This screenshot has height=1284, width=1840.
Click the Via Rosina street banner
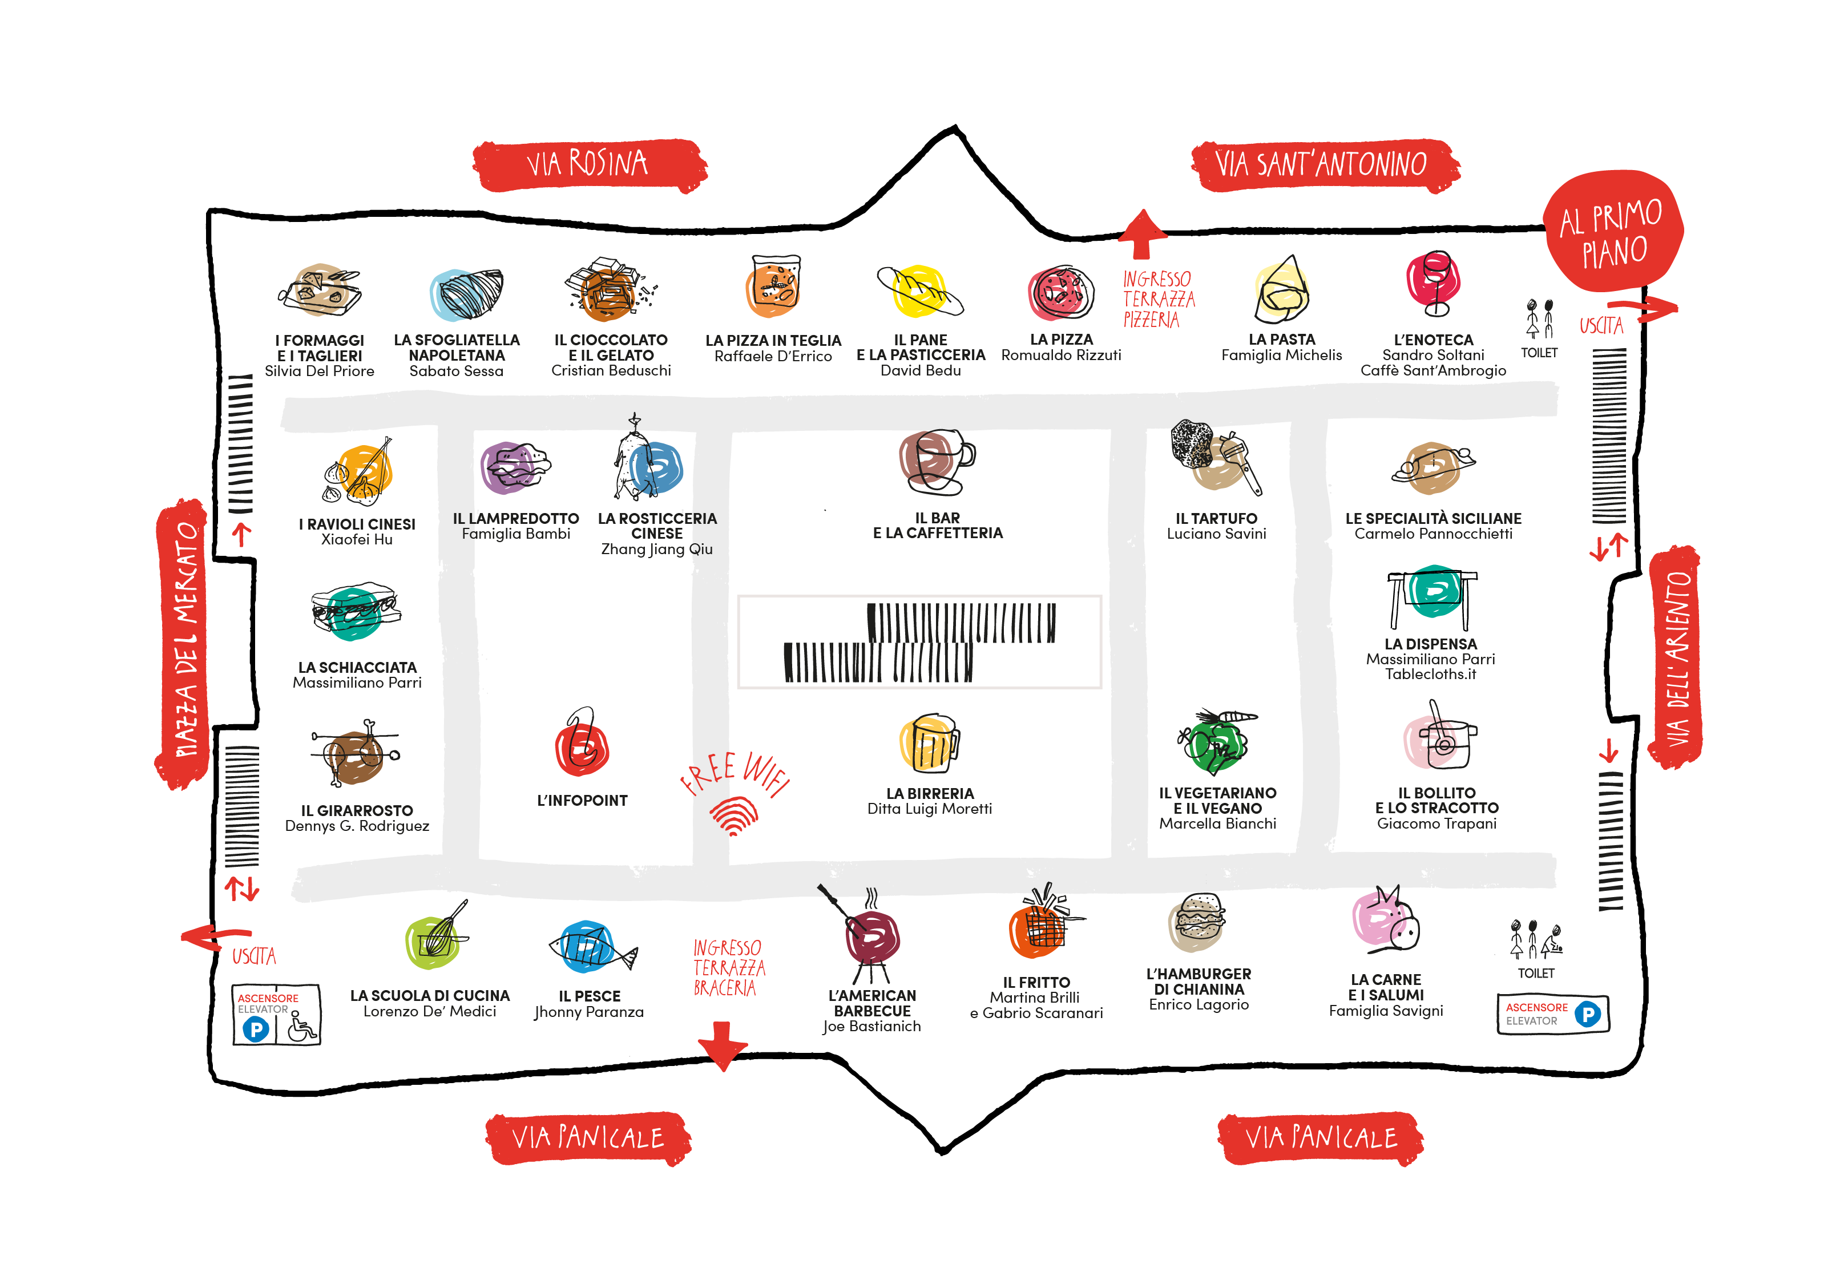pyautogui.click(x=589, y=165)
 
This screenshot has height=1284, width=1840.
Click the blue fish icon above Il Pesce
pyautogui.click(x=591, y=948)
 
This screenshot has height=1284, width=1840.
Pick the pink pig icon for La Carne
pyautogui.click(x=1385, y=920)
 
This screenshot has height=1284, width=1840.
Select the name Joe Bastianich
pyautogui.click(x=872, y=1027)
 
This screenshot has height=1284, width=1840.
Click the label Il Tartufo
pyautogui.click(x=1217, y=519)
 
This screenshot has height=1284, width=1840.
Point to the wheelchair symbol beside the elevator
pyautogui.click(x=301, y=1026)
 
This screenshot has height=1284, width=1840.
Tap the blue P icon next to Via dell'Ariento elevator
pyautogui.click(x=1588, y=1014)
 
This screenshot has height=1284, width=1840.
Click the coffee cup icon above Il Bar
pyautogui.click(x=935, y=462)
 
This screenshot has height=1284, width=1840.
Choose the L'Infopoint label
pyautogui.click(x=583, y=801)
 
